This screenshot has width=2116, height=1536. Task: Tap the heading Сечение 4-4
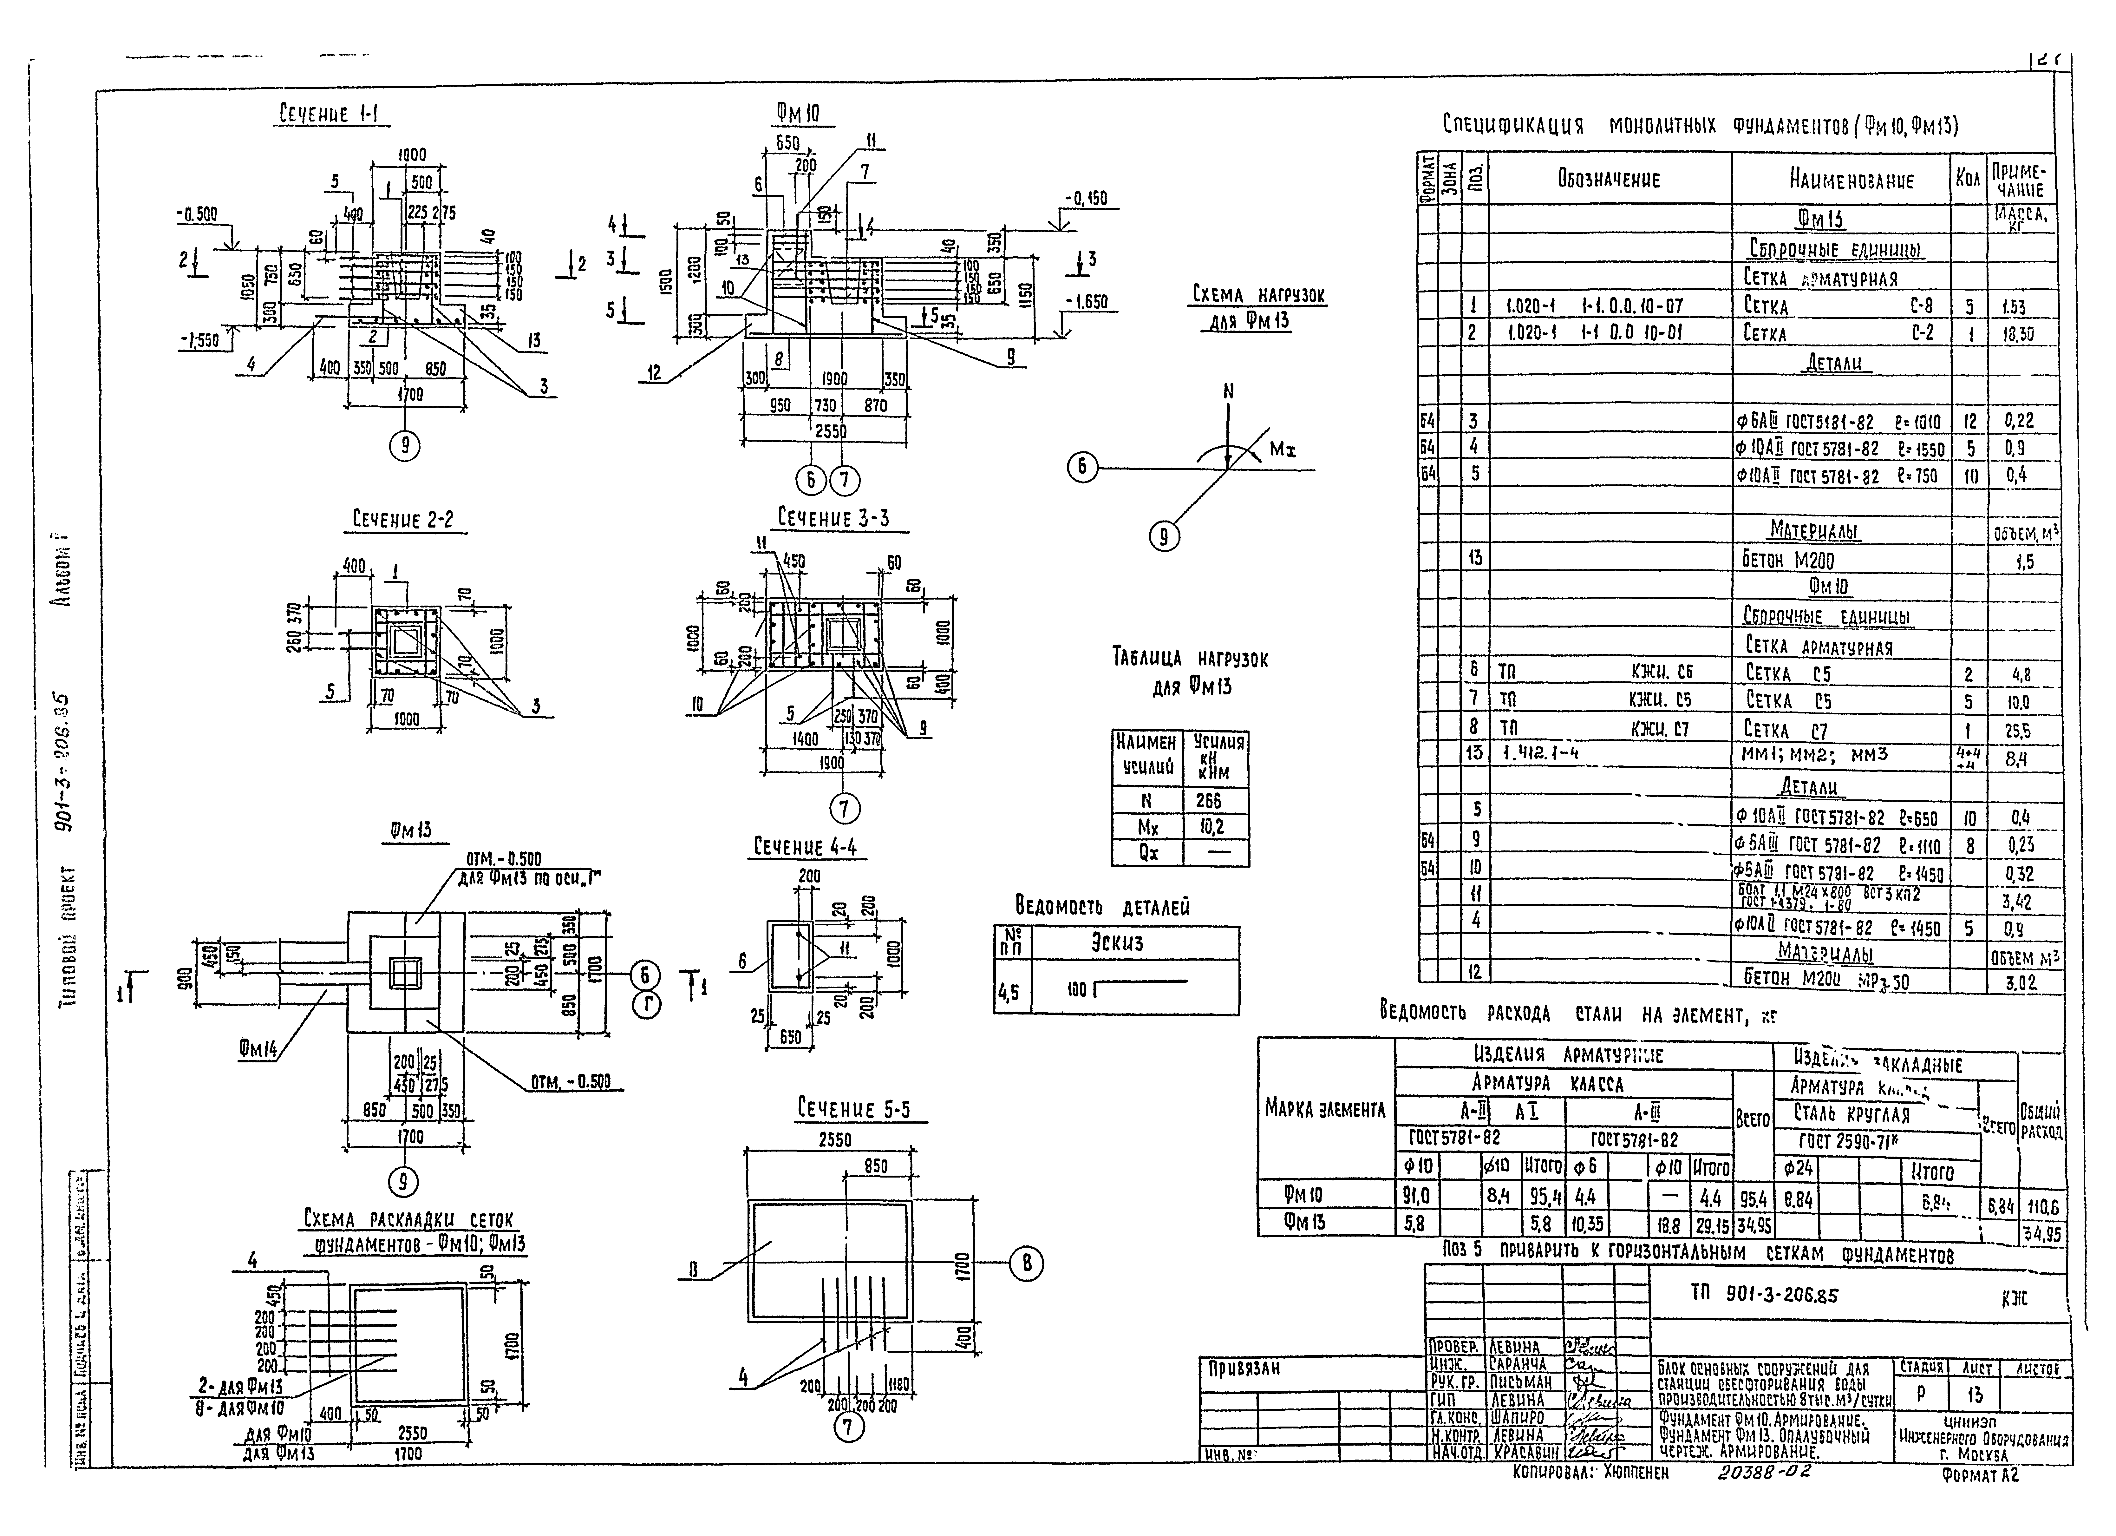[x=805, y=847]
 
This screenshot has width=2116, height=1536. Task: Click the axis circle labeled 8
[x=1026, y=1264]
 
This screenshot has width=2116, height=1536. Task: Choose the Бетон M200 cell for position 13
[x=1787, y=560]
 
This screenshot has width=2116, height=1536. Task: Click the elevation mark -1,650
[x=1084, y=302]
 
